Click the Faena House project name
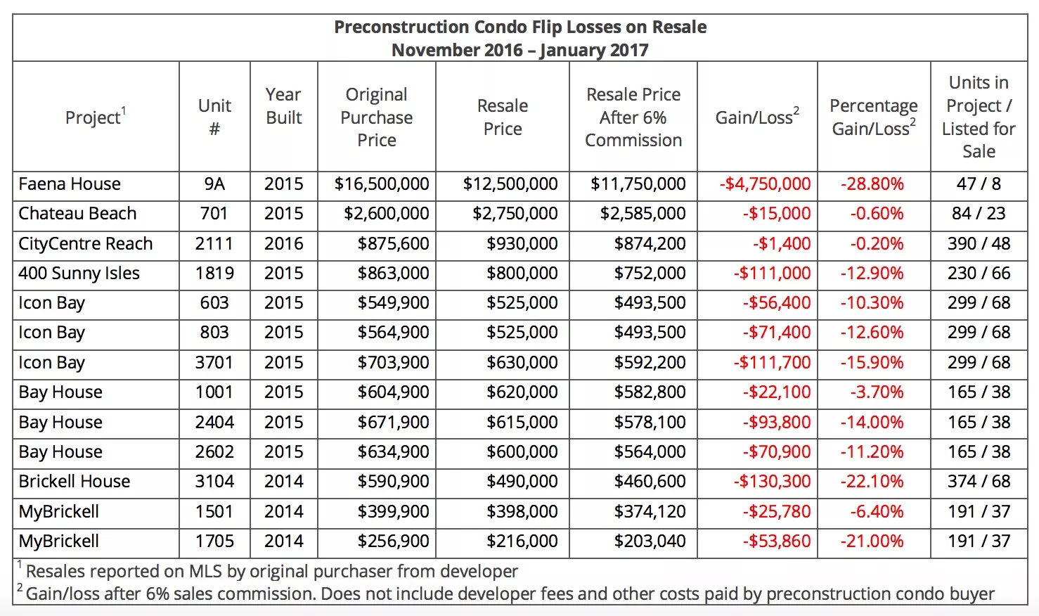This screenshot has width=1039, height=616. pos(70,184)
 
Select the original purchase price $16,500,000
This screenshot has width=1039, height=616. pos(381,184)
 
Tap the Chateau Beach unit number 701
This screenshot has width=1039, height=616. pos(214,214)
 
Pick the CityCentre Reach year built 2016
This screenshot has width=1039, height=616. pos(284,243)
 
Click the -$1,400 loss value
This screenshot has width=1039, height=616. pos(782,243)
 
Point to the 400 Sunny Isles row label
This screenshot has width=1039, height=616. pos(79,274)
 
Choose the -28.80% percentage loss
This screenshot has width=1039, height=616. pos(872,184)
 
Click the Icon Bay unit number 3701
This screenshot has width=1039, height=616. pos(214,362)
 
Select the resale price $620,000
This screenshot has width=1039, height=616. pos(522,392)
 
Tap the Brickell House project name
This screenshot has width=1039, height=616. pos(75,482)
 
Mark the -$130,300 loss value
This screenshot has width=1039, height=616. pos(773,482)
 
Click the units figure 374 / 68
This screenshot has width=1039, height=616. pos(979,482)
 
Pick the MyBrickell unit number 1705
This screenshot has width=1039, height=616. pos(214,541)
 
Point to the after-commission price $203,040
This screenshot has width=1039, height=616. pos(650,541)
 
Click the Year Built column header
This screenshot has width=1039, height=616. pos(284,106)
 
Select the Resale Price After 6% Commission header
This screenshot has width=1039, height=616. pos(633,117)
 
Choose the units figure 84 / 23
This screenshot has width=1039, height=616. pos(979,214)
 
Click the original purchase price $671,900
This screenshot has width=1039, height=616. pos(393,422)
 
